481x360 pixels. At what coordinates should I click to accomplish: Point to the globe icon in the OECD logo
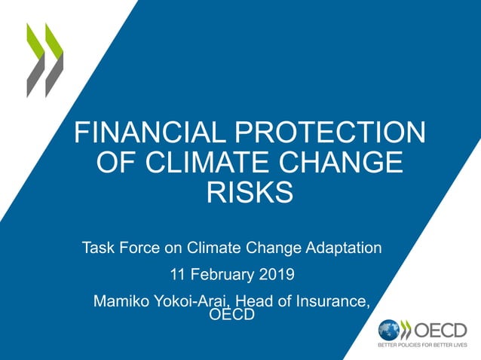tap(389, 330)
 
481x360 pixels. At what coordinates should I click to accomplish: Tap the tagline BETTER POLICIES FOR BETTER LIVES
tap(422, 346)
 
